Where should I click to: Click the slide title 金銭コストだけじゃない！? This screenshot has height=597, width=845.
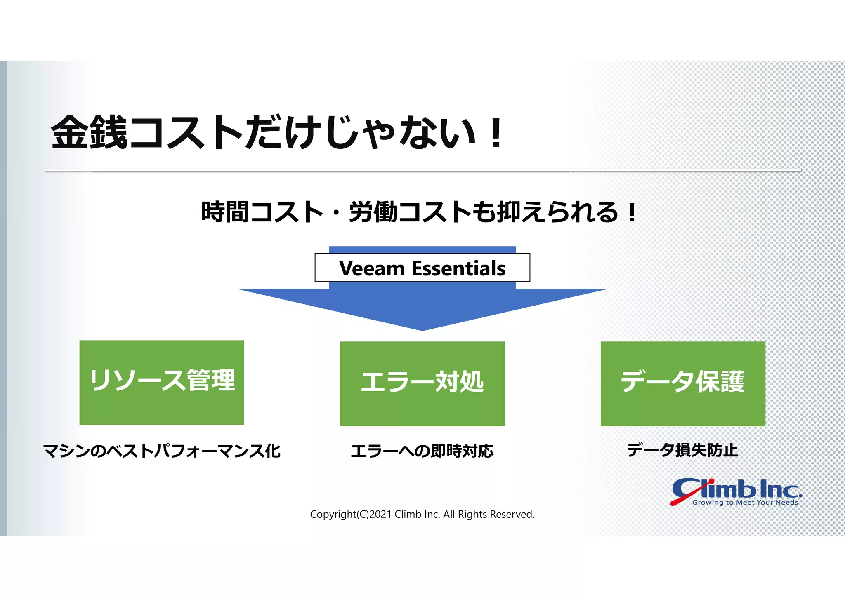click(x=276, y=133)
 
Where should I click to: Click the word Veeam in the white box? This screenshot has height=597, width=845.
click(x=372, y=268)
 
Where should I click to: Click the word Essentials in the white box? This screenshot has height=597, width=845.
click(x=458, y=268)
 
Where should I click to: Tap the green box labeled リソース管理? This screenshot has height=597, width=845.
click(x=162, y=382)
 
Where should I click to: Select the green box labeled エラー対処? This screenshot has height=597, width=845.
click(x=422, y=383)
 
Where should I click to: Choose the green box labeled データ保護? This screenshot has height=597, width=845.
click(x=683, y=383)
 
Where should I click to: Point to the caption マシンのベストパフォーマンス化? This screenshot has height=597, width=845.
click(x=162, y=451)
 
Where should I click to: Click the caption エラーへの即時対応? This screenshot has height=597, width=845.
click(x=422, y=451)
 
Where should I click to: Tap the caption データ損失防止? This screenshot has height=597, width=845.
click(x=682, y=450)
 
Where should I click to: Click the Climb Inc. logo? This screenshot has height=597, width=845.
click(x=736, y=489)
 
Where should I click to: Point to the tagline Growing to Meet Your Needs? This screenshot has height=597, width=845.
click(x=745, y=503)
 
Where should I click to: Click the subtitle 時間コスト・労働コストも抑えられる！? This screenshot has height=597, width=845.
click(x=419, y=212)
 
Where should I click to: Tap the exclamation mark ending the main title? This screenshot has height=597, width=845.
click(x=496, y=133)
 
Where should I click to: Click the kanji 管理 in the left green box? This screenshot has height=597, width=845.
click(x=211, y=380)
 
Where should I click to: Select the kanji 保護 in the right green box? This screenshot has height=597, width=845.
click(x=720, y=382)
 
